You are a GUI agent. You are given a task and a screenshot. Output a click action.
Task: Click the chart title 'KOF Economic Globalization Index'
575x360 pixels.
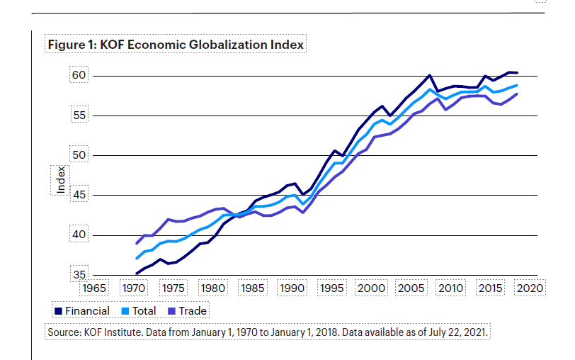(x=203, y=45)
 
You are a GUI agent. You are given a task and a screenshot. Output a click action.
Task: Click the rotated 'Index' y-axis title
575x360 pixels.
(x=60, y=179)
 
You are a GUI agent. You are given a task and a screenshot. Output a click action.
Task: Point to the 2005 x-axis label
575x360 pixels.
(x=410, y=288)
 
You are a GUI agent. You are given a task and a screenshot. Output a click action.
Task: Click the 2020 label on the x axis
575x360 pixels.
(x=528, y=288)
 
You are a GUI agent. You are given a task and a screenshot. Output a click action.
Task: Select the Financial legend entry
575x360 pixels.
(x=82, y=310)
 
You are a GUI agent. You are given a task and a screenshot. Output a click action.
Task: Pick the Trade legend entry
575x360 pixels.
(x=188, y=310)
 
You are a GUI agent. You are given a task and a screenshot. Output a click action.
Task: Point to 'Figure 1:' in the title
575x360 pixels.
(x=70, y=45)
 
